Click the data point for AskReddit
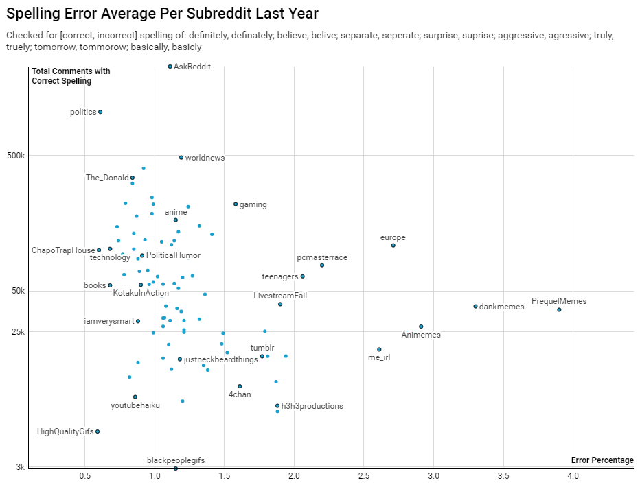coord(170,67)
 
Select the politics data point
coord(100,112)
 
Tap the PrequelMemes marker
coord(559,309)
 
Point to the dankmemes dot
coord(475,306)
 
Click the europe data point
coord(393,245)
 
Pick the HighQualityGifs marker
coord(98,431)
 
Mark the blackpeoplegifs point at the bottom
coord(176,469)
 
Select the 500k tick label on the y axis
coord(16,156)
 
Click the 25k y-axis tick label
coord(18,332)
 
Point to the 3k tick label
coord(21,467)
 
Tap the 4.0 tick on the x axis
coord(573,476)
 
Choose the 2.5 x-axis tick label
coord(363,476)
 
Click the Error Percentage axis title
coord(602,460)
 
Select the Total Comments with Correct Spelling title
coord(71,76)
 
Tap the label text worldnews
coord(205,158)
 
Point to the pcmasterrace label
coord(322,257)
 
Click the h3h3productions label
coord(312,406)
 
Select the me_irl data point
coord(379,349)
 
